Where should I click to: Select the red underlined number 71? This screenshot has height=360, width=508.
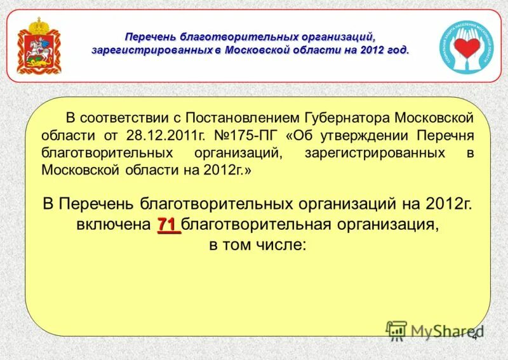[168, 224]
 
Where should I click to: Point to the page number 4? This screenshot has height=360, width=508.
[474, 336]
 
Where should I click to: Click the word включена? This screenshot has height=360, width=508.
[113, 225]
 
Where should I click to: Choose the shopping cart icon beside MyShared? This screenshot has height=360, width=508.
[397, 330]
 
